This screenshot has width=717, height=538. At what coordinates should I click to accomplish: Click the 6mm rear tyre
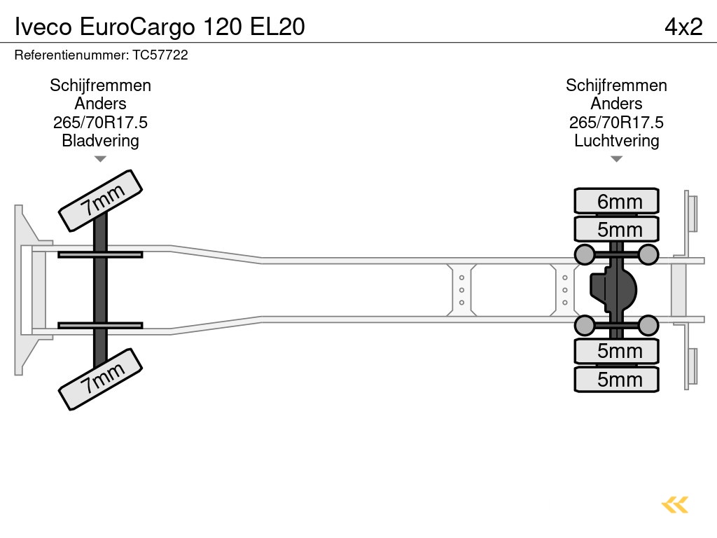point(617,201)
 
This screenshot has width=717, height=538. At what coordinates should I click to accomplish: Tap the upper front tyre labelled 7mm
point(100,200)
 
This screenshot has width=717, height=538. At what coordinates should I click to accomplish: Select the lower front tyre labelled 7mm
point(100,379)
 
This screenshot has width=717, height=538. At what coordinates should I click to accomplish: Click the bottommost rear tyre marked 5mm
point(617,379)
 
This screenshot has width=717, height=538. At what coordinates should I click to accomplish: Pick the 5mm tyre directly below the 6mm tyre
point(617,229)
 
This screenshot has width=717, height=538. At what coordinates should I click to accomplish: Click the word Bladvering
point(100,141)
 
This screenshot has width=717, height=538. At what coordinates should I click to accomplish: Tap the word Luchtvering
point(617,141)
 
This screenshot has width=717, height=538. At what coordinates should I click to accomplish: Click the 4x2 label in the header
point(683,27)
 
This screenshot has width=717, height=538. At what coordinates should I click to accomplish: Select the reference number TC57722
point(160,55)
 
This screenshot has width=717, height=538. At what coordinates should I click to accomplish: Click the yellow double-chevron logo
point(674,504)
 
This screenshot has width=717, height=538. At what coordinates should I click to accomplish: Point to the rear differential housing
point(615,289)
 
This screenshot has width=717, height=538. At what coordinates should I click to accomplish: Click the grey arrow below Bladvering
point(100,159)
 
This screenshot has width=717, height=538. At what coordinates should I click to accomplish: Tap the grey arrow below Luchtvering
point(617,159)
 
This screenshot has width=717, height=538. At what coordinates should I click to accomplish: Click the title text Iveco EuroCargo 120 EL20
point(160,27)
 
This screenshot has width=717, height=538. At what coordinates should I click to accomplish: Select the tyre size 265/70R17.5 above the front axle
point(100,123)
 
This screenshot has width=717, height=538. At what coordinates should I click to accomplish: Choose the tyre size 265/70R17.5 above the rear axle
point(617,123)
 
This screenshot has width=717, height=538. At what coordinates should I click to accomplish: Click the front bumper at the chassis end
point(25,290)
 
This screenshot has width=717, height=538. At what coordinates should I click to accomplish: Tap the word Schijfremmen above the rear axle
point(617,85)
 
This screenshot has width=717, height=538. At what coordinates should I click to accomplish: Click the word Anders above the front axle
point(100,104)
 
